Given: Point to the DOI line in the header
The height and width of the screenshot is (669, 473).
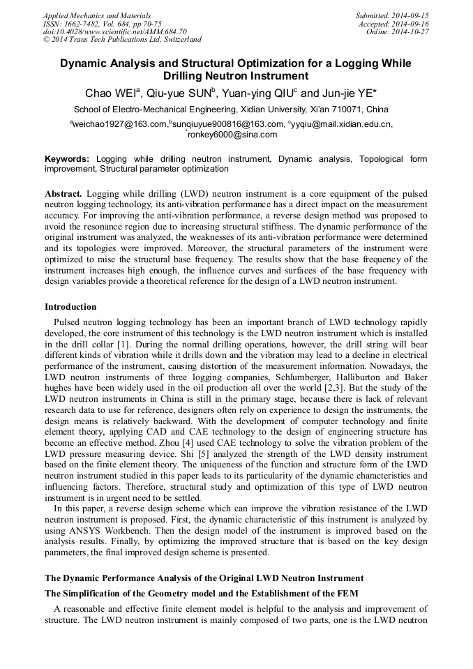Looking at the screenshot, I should click(x=114, y=31).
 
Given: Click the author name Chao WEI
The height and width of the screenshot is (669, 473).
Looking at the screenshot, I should click(x=112, y=93).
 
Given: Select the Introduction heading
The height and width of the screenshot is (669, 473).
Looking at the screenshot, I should click(x=70, y=307).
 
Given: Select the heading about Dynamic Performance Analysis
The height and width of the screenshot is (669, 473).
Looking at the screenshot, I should click(x=204, y=578).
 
